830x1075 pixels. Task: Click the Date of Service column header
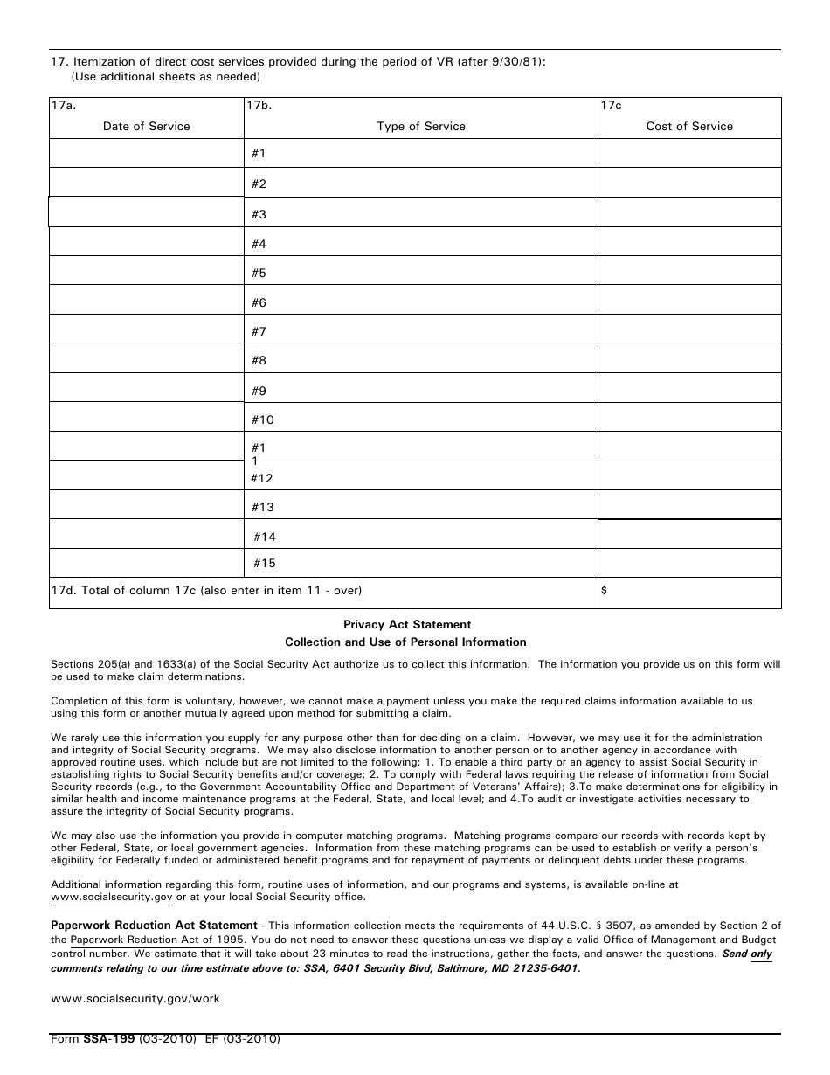pyautogui.click(x=146, y=127)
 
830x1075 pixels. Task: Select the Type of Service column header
pyautogui.click(x=420, y=127)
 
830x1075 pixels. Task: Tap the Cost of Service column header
pyautogui.click(x=688, y=127)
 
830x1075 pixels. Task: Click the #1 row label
pyautogui.click(x=259, y=154)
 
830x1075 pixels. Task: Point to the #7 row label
pyautogui.click(x=259, y=332)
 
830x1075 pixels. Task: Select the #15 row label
pyautogui.click(x=265, y=564)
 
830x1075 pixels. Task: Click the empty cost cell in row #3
pyautogui.click(x=688, y=212)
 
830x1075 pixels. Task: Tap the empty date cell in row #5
pyautogui.click(x=146, y=271)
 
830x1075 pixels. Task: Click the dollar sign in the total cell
pyautogui.click(x=604, y=591)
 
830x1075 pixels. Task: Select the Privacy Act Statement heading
pyautogui.click(x=406, y=625)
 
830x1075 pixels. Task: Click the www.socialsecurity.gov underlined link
pyautogui.click(x=112, y=897)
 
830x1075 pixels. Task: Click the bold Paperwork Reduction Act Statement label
pyautogui.click(x=154, y=926)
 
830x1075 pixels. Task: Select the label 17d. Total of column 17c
pyautogui.click(x=205, y=591)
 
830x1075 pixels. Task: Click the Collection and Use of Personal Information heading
pyautogui.click(x=405, y=642)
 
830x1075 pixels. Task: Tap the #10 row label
pyautogui.click(x=262, y=420)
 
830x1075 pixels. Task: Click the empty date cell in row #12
pyautogui.click(x=146, y=475)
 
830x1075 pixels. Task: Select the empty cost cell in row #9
pyautogui.click(x=688, y=388)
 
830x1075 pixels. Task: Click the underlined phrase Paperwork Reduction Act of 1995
pyautogui.click(x=156, y=940)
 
